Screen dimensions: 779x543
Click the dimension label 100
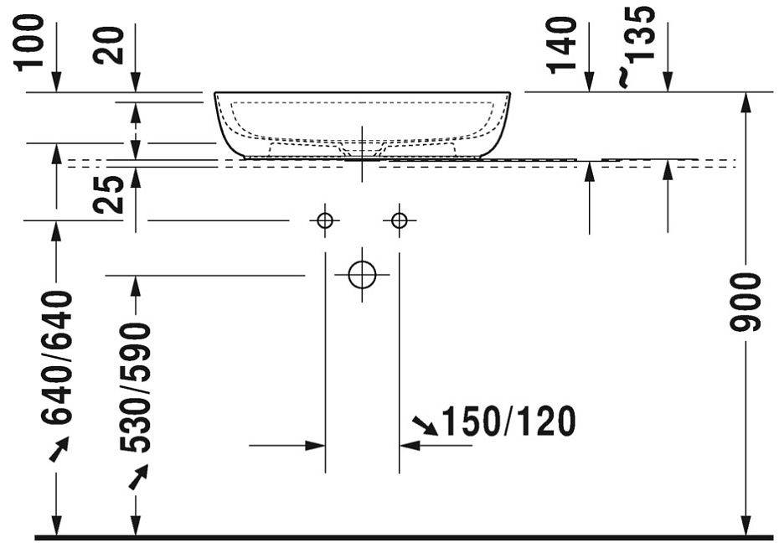[30, 43]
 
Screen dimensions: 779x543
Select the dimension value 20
[108, 45]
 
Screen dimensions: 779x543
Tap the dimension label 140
[562, 45]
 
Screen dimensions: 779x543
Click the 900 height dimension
[745, 302]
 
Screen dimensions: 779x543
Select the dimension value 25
[109, 195]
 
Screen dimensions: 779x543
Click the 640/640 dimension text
[56, 358]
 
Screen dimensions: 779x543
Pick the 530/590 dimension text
[135, 388]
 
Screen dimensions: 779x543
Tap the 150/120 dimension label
[508, 421]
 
